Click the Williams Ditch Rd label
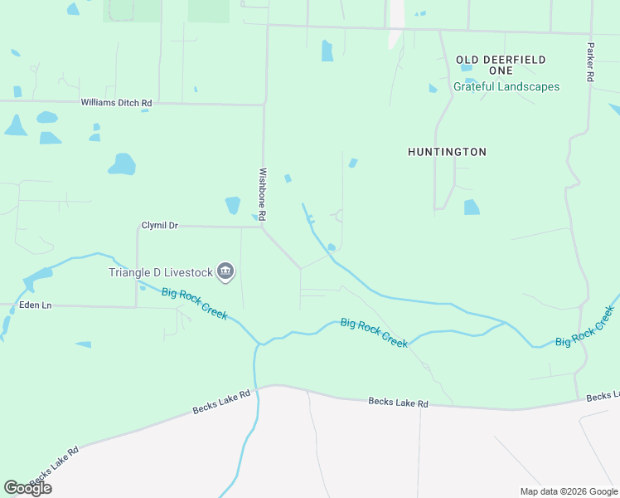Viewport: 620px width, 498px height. [x=116, y=103]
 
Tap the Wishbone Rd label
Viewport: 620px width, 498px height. [x=262, y=194]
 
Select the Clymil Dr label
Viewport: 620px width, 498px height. [x=160, y=225]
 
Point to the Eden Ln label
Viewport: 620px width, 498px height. [x=35, y=305]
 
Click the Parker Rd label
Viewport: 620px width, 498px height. [x=590, y=62]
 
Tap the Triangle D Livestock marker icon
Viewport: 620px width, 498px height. [x=225, y=271]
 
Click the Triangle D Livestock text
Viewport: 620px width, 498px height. [x=160, y=272]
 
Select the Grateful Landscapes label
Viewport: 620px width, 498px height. [x=506, y=86]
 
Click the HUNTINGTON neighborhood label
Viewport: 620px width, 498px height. [x=447, y=152]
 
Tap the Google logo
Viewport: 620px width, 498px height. [x=27, y=488]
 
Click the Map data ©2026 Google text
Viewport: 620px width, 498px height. [x=568, y=491]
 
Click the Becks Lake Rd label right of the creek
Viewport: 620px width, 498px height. [x=398, y=403]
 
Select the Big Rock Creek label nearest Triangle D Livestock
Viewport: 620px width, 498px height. [x=195, y=304]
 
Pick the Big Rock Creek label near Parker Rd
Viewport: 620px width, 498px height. [x=585, y=326]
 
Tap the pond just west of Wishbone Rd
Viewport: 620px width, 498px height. [x=233, y=204]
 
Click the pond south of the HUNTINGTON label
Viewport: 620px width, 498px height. [x=472, y=207]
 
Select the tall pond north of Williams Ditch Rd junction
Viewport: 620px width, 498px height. [x=327, y=51]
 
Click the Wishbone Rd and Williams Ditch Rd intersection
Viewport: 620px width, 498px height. [x=264, y=105]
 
